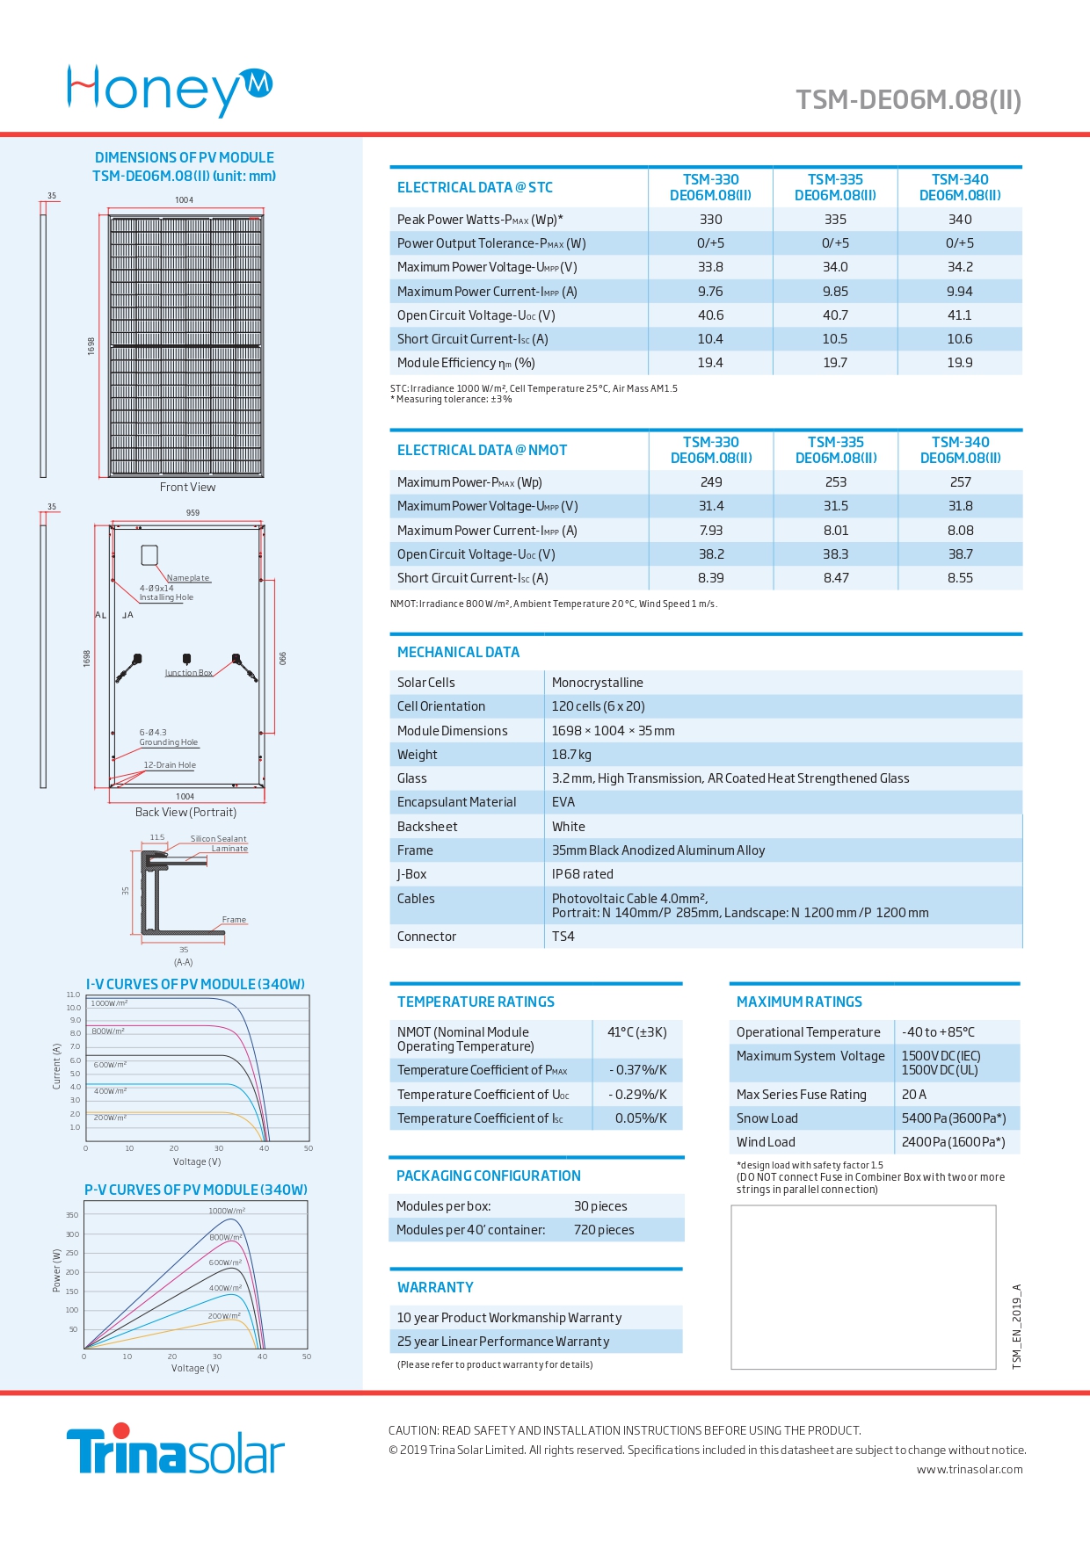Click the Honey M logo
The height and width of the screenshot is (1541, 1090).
click(170, 90)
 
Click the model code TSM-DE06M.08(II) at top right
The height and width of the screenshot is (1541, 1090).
click(909, 99)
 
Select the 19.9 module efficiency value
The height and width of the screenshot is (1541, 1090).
click(960, 363)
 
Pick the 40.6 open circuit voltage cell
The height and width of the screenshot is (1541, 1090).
click(710, 315)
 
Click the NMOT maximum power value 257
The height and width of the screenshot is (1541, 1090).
click(960, 482)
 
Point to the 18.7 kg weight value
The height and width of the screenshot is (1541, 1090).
click(571, 755)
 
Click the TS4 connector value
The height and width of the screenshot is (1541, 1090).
click(563, 937)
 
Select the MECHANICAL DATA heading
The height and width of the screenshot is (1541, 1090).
click(458, 652)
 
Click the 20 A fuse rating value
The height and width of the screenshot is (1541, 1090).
click(914, 1095)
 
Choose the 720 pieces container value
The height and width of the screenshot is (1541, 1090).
click(604, 1230)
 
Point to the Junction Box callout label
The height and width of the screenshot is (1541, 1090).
click(189, 673)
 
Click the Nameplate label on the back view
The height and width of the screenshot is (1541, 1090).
click(188, 578)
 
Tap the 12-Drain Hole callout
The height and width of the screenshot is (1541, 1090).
click(170, 765)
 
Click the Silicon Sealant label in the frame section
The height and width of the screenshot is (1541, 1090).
click(219, 839)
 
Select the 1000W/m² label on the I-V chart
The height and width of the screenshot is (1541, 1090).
click(109, 1003)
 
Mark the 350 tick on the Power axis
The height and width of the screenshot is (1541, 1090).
click(72, 1215)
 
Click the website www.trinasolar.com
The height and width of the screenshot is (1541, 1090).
click(970, 1469)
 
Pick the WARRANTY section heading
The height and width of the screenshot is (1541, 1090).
click(435, 1287)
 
